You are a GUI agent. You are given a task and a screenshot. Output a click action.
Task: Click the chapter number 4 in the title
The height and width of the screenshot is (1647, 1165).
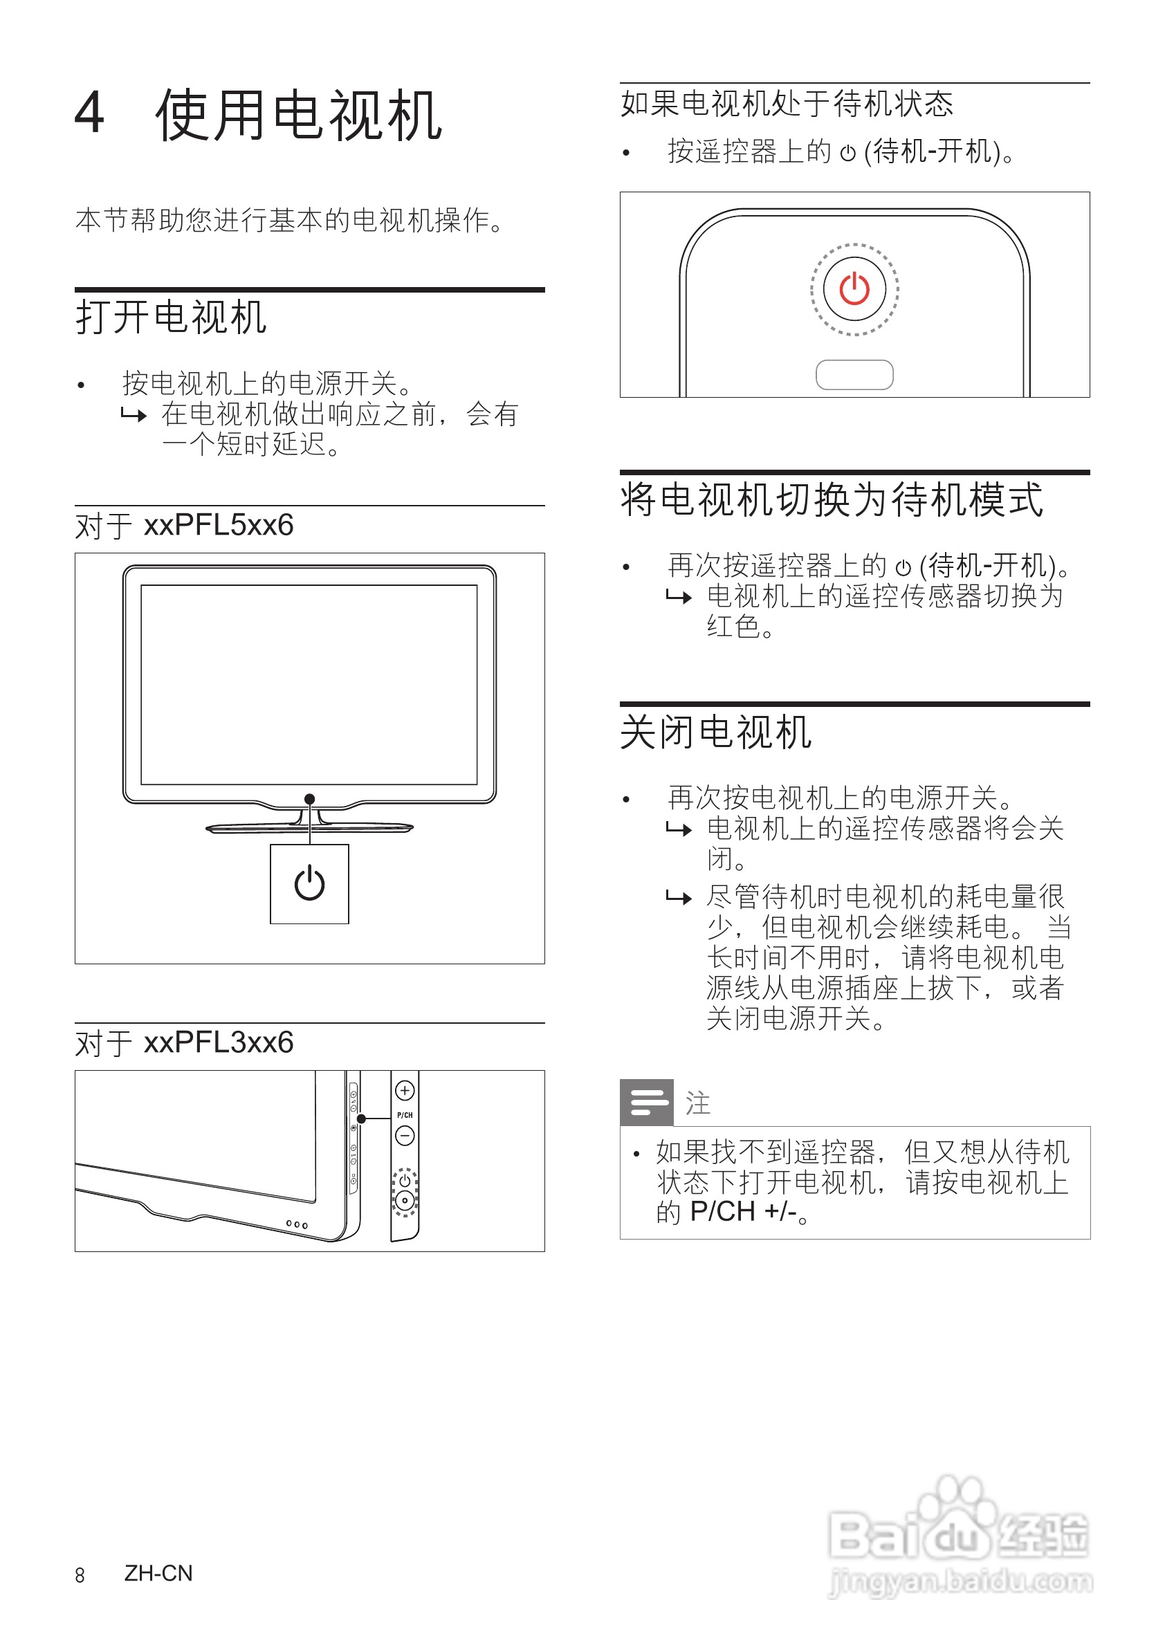point(90,113)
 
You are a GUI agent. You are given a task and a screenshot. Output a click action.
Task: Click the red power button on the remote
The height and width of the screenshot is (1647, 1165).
point(854,289)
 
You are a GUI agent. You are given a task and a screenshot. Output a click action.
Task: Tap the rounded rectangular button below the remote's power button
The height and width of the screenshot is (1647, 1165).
point(854,374)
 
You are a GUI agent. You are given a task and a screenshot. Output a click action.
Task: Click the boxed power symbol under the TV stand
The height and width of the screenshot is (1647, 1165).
point(309,884)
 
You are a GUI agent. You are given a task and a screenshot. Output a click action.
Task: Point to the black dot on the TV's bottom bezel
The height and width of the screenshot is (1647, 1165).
point(309,799)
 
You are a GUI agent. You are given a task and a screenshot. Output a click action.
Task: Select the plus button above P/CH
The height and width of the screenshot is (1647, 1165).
point(405,1091)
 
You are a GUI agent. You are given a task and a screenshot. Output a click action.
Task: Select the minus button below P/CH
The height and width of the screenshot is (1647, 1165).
point(405,1137)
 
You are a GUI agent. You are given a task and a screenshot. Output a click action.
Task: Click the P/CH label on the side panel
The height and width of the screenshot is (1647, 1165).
point(405,1115)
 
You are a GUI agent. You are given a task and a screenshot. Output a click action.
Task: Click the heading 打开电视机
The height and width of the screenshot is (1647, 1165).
point(171,317)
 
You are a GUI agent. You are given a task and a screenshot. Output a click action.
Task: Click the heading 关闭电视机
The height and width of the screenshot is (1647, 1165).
point(715,733)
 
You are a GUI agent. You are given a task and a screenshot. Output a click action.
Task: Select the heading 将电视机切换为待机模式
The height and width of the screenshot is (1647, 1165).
point(832,499)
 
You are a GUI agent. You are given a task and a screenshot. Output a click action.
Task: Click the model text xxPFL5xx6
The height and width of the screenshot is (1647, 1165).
point(219,525)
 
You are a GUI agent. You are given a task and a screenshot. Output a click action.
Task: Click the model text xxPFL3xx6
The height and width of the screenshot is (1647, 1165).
point(219,1042)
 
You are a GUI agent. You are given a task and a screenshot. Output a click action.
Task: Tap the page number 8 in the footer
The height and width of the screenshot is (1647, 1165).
point(80,1575)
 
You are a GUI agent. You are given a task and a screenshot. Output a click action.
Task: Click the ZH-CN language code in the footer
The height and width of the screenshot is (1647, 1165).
point(158,1573)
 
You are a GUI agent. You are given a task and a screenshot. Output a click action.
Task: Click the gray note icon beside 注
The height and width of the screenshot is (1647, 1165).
point(646,1103)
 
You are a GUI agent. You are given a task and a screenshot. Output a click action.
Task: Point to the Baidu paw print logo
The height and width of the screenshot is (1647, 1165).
point(959,1520)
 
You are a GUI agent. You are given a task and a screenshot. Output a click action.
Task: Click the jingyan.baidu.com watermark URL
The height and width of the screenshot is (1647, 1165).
point(960,1582)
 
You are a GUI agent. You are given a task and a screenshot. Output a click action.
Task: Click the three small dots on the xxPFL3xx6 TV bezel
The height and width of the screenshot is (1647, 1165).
point(296,1224)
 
